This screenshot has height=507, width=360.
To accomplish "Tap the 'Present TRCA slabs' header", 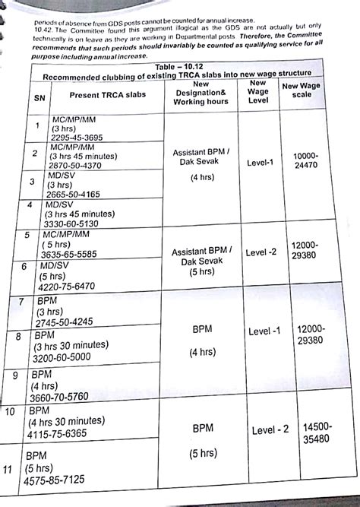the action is click(x=106, y=95).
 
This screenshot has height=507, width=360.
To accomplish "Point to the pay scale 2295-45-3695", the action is click(x=81, y=138).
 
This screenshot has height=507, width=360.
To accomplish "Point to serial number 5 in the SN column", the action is click(x=27, y=236).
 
